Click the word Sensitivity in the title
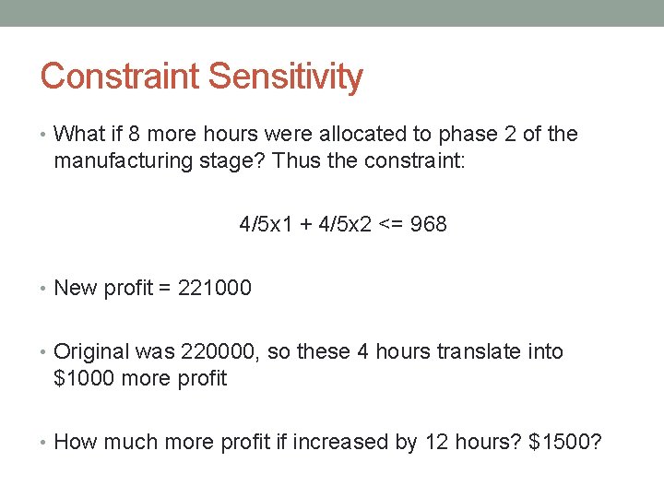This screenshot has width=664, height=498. [286, 77]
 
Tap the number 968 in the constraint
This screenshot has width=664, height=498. [428, 224]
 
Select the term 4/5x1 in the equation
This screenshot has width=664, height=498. [265, 224]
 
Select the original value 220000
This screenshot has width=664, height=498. [221, 351]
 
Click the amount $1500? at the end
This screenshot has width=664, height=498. [564, 442]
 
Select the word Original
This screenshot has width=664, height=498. [92, 351]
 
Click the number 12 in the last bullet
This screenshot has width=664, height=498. [435, 442]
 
